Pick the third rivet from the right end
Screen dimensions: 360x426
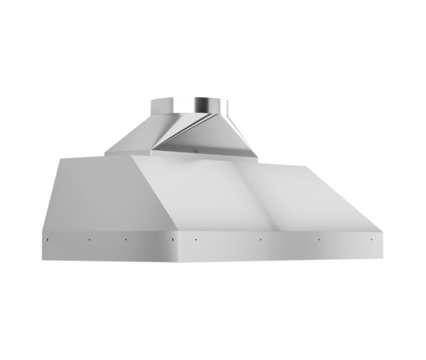(261, 239)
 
